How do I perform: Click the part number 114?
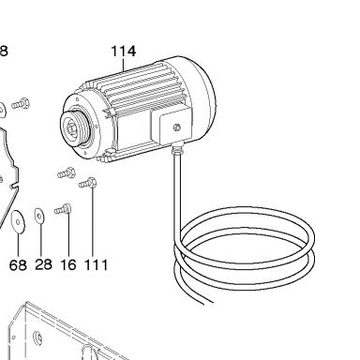click(124, 52)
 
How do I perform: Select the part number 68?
click(18, 265)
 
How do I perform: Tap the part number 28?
click(43, 264)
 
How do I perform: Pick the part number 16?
click(67, 265)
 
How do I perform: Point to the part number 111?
click(96, 265)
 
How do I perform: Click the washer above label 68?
click(18, 221)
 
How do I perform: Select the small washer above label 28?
click(39, 216)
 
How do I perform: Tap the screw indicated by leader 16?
click(63, 209)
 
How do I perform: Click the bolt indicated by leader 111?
click(88, 183)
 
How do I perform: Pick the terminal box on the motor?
click(171, 125)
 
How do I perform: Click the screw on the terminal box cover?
click(176, 127)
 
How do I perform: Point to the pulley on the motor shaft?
click(74, 128)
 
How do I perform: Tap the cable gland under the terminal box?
click(177, 148)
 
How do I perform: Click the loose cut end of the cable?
click(209, 302)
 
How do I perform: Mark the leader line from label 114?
click(124, 65)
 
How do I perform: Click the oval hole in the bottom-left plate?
click(37, 337)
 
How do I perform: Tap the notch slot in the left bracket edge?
click(14, 187)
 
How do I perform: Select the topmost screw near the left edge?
click(21, 103)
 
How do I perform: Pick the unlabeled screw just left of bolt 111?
click(67, 172)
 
